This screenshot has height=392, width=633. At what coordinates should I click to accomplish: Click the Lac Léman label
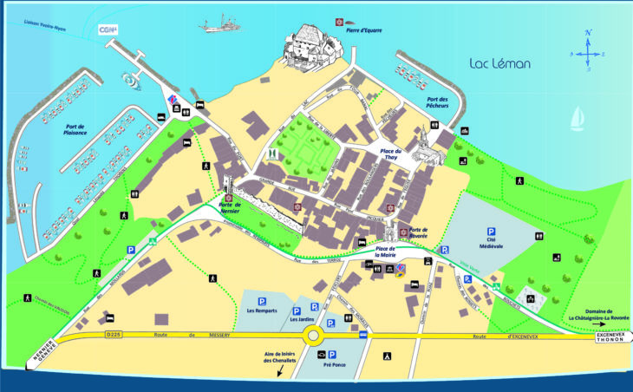pos(499,64)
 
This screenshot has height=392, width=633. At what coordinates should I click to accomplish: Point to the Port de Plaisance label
pos(78,130)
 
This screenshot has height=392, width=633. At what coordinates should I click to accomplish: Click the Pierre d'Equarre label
pos(363,30)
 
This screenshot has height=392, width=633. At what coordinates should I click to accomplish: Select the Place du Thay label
pos(394,154)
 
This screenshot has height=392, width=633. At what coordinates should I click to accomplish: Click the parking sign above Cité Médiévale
pos(491,231)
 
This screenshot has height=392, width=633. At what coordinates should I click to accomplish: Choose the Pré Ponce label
pos(332,366)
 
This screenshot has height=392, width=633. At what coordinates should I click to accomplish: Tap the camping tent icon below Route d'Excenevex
pos(388,356)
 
